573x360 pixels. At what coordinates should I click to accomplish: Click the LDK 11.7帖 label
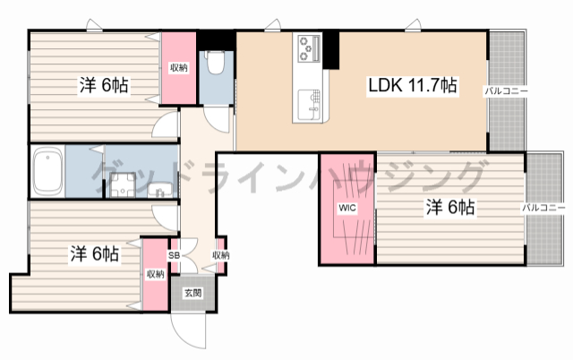[414, 86]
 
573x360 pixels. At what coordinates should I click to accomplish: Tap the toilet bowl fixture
[215, 64]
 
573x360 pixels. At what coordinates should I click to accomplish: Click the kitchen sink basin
[309, 103]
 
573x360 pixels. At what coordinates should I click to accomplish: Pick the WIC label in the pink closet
[346, 209]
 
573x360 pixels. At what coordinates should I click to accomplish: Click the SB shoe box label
[175, 256]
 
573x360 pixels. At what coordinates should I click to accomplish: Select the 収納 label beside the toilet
[179, 68]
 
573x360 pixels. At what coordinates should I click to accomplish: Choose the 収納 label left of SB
[155, 274]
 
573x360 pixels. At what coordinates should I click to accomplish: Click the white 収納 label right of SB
[220, 256]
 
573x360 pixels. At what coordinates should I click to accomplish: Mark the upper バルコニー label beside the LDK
[507, 91]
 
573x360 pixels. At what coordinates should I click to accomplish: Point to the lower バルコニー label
[544, 208]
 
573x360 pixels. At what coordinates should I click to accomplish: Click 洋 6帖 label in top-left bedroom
[104, 86]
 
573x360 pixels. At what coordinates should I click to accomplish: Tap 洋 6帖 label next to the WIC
[449, 208]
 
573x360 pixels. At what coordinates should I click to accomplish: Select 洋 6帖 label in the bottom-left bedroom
[95, 253]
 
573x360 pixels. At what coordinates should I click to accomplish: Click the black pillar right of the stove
[332, 50]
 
